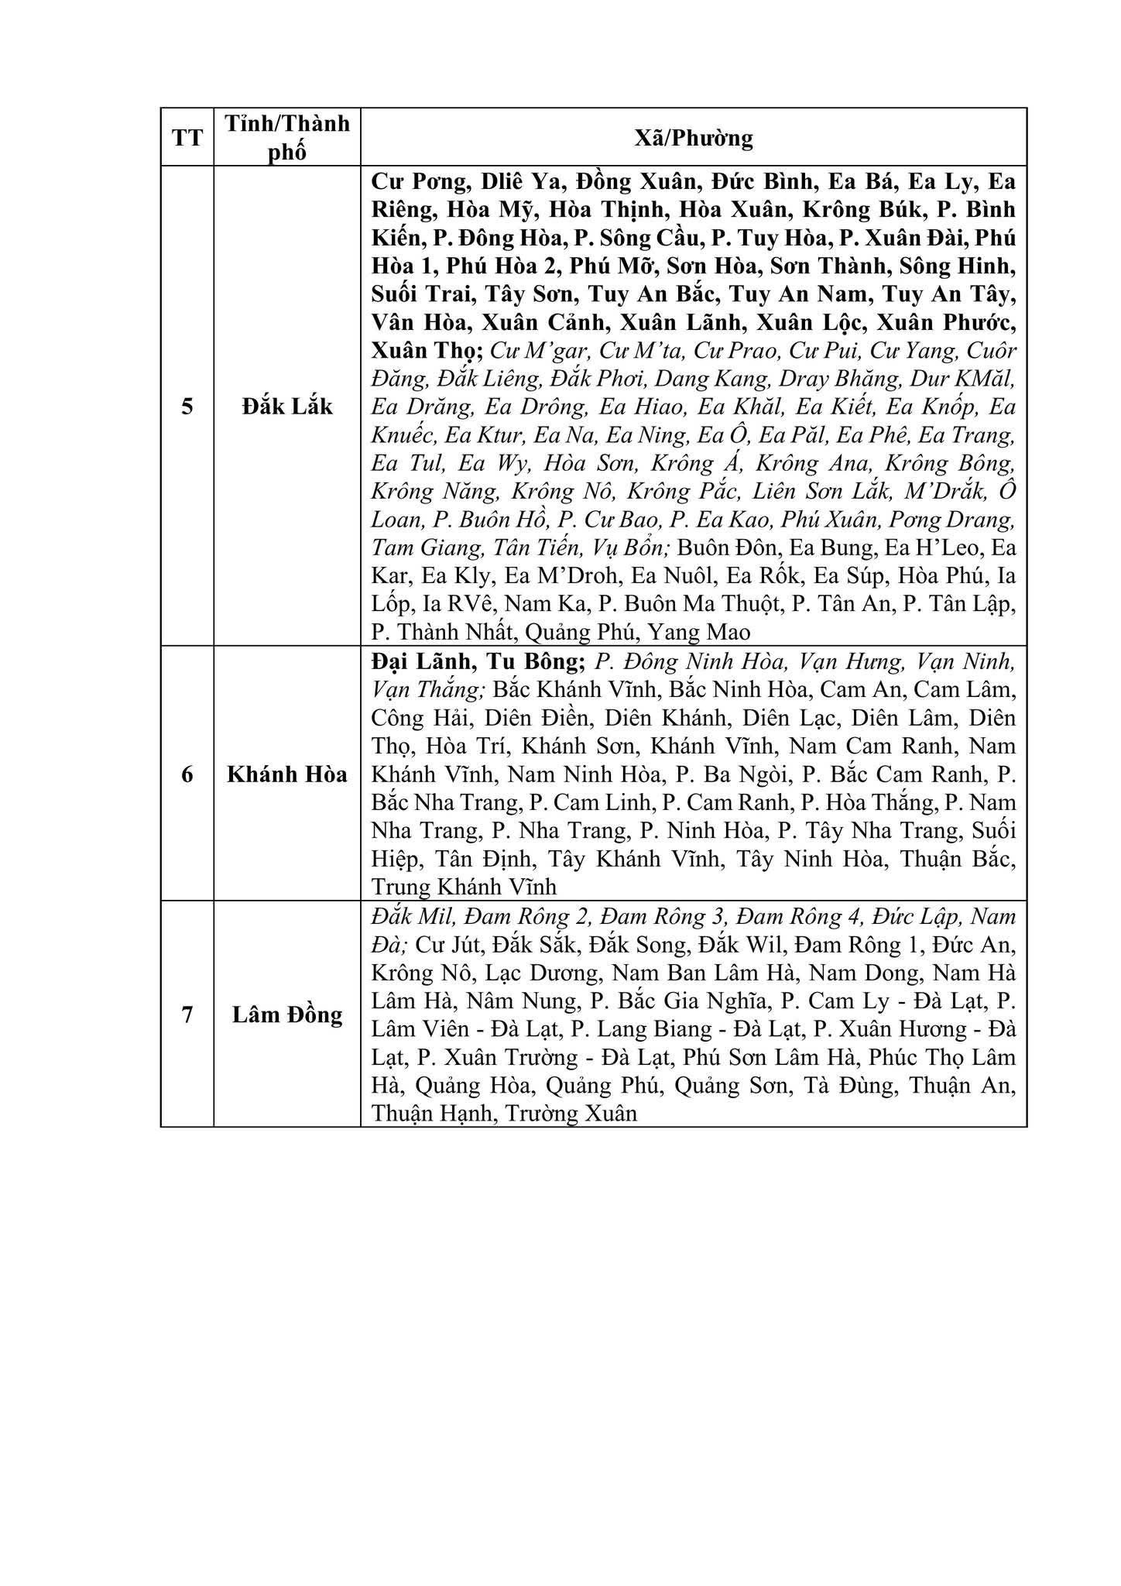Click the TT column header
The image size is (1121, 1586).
tap(187, 138)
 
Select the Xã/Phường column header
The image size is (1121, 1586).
tap(693, 138)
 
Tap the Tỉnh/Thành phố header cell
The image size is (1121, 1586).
tap(287, 137)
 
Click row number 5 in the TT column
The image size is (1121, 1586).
tap(187, 406)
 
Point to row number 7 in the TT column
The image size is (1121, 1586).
tap(187, 1014)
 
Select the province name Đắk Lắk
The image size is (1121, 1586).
tap(287, 406)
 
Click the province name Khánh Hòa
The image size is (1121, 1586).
tap(287, 774)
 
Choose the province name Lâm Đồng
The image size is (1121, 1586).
tap(287, 1014)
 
